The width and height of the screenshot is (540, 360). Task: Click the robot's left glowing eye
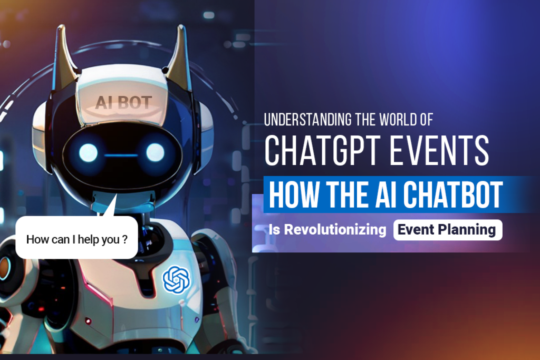88,152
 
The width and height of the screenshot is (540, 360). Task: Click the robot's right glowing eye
155,152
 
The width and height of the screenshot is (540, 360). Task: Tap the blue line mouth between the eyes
121,155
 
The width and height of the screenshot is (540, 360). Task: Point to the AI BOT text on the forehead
123,103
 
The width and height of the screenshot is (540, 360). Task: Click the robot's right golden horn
179,54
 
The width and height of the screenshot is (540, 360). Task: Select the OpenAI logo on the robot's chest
176,279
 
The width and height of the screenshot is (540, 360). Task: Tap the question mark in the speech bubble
124,239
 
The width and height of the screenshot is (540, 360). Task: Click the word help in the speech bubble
88,239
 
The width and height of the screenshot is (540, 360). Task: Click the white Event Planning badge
447,230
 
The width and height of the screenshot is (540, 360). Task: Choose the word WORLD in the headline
398,120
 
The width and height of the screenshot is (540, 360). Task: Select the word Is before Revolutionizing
274,230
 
